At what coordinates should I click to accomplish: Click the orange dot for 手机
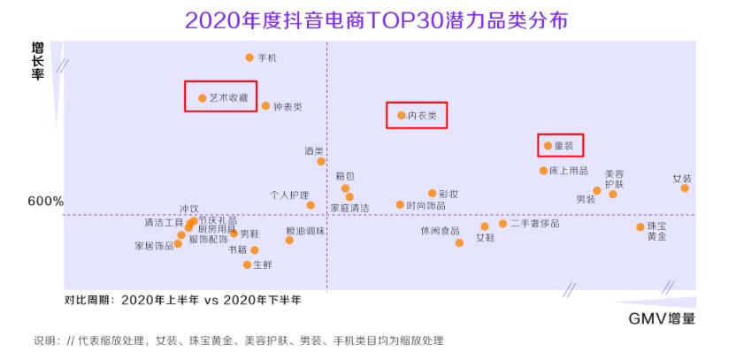click(x=249, y=57)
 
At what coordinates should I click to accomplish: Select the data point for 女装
click(x=685, y=188)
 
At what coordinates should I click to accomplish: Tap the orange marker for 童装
click(x=548, y=145)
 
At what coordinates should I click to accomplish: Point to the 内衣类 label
click(x=422, y=116)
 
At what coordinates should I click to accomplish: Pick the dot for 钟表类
click(x=265, y=106)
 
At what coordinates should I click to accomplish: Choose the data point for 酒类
click(x=321, y=161)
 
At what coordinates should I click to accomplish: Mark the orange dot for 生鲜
click(x=248, y=264)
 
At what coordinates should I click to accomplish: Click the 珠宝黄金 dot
click(x=640, y=227)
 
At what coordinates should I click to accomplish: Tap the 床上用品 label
click(x=568, y=171)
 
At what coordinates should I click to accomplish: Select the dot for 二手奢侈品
click(x=502, y=224)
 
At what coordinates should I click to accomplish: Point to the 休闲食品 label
click(x=440, y=231)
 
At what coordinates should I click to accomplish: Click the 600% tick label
click(x=46, y=202)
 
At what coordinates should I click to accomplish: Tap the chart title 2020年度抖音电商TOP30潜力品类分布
click(x=372, y=20)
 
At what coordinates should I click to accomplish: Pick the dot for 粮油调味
click(x=289, y=240)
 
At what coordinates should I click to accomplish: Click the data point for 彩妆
click(x=432, y=193)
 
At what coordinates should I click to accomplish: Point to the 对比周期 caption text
click(x=182, y=300)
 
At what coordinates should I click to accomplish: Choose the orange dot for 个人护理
click(x=311, y=205)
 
